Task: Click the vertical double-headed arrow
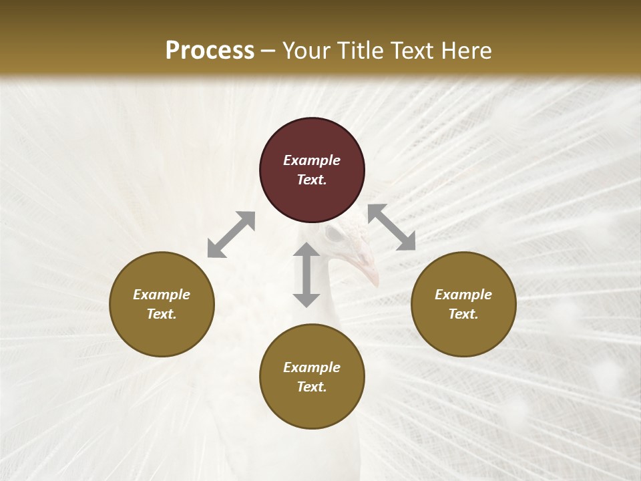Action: [306, 275]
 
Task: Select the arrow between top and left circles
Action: [231, 234]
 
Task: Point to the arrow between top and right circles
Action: [391, 227]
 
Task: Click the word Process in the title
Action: [210, 50]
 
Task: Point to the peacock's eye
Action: [334, 235]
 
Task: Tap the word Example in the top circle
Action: [312, 160]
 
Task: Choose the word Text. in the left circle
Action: [162, 314]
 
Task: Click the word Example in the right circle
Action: [463, 295]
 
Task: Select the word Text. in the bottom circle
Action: [312, 387]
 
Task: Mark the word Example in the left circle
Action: [162, 295]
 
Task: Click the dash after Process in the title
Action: [268, 51]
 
